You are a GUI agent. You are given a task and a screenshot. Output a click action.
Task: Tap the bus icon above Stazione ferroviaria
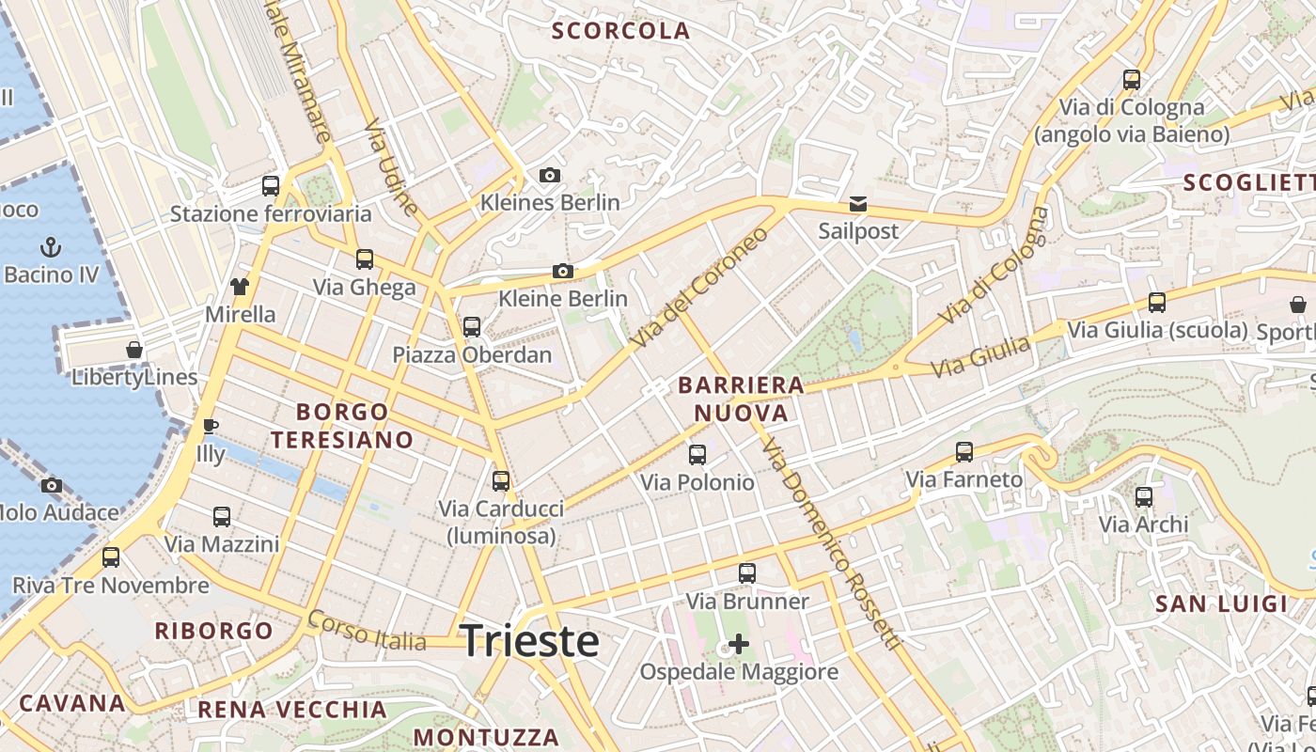[271, 185]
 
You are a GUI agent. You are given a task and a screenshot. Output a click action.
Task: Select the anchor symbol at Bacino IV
[52, 247]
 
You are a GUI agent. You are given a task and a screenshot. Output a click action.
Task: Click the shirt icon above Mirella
[240, 286]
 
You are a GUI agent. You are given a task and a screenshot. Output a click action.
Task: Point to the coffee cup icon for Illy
[211, 427]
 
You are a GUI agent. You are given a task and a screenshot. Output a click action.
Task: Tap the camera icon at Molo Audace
[52, 485]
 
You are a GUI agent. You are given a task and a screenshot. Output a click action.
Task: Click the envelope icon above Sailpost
[857, 203]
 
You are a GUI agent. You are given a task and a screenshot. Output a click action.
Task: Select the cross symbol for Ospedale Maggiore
[739, 644]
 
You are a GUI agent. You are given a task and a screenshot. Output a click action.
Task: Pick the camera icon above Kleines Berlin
[550, 175]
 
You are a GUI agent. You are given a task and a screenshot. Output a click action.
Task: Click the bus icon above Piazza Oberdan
[472, 326]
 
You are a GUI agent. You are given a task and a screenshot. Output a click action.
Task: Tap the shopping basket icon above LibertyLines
[134, 350]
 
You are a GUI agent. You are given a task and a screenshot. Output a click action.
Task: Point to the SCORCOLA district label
[621, 31]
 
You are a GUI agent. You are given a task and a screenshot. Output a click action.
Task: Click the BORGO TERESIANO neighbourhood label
[342, 425]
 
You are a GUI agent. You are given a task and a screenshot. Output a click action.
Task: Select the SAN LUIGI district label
[1220, 603]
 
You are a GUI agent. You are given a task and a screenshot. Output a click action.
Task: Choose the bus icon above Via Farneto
[963, 451]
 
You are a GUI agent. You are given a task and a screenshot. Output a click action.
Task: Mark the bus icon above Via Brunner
[747, 572]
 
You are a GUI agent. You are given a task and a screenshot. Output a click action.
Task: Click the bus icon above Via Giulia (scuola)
[1157, 302]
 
